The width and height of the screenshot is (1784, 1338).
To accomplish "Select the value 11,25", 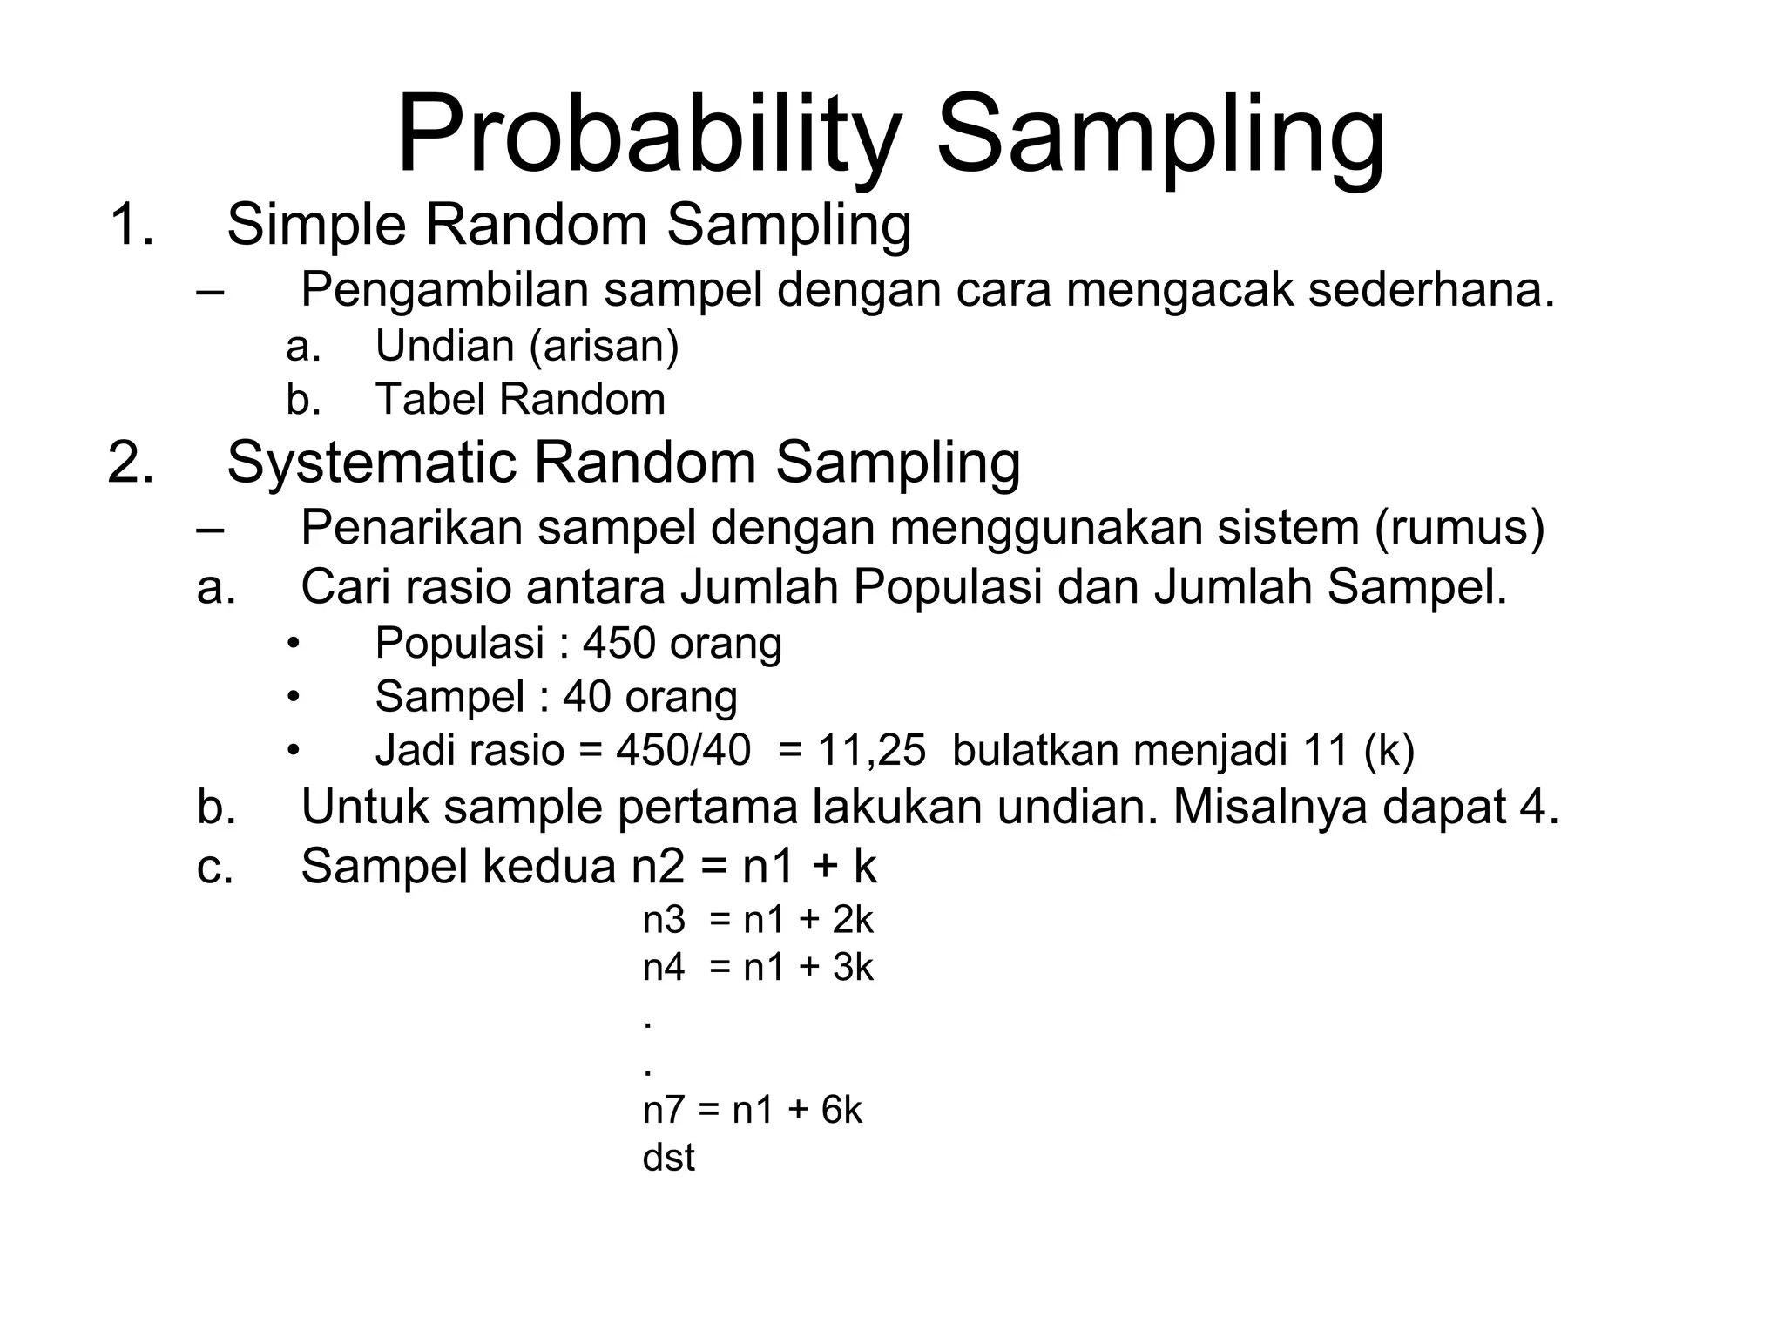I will click(x=870, y=750).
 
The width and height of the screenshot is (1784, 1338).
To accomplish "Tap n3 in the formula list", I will click(x=664, y=920).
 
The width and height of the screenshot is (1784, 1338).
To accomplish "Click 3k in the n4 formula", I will click(x=852, y=968).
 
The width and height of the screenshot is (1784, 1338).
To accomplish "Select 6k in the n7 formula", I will click(x=841, y=1111).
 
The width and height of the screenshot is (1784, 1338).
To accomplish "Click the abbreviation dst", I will click(x=668, y=1158).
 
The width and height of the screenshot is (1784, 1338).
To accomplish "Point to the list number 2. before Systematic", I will click(x=132, y=462).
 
